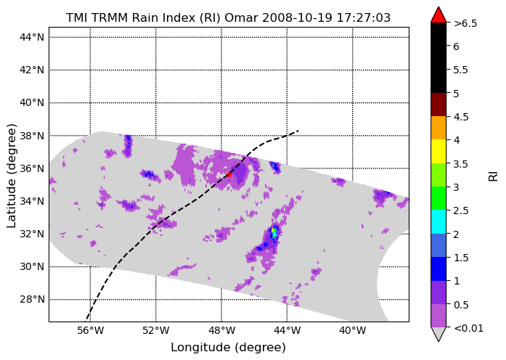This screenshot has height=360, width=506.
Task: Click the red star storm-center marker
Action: tap(229, 174)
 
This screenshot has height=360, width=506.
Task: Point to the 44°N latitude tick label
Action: tap(32, 37)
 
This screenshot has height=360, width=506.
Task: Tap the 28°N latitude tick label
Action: tap(32, 299)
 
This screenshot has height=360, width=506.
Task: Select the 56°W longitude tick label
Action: tap(91, 331)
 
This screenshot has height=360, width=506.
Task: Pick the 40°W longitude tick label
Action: tap(353, 331)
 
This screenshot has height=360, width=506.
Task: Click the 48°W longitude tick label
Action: tap(221, 331)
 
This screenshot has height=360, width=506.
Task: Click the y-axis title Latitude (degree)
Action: tap(12, 176)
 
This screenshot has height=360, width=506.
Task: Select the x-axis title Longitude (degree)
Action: tap(228, 348)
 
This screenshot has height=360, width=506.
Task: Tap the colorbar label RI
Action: tap(494, 176)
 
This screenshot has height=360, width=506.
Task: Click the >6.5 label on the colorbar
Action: tap(465, 23)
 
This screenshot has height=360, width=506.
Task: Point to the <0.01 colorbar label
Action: tap(468, 328)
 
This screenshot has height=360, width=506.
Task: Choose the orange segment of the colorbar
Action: tap(438, 128)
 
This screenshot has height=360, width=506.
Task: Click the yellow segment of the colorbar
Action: tap(438, 151)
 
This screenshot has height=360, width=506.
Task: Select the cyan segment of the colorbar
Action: tap(438, 221)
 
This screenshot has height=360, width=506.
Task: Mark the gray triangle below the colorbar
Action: tap(438, 334)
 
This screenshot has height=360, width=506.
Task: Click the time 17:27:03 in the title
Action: tap(364, 17)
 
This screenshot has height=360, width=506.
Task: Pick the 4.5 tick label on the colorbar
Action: tap(461, 117)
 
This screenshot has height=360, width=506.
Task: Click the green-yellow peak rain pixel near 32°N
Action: tap(274, 230)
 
